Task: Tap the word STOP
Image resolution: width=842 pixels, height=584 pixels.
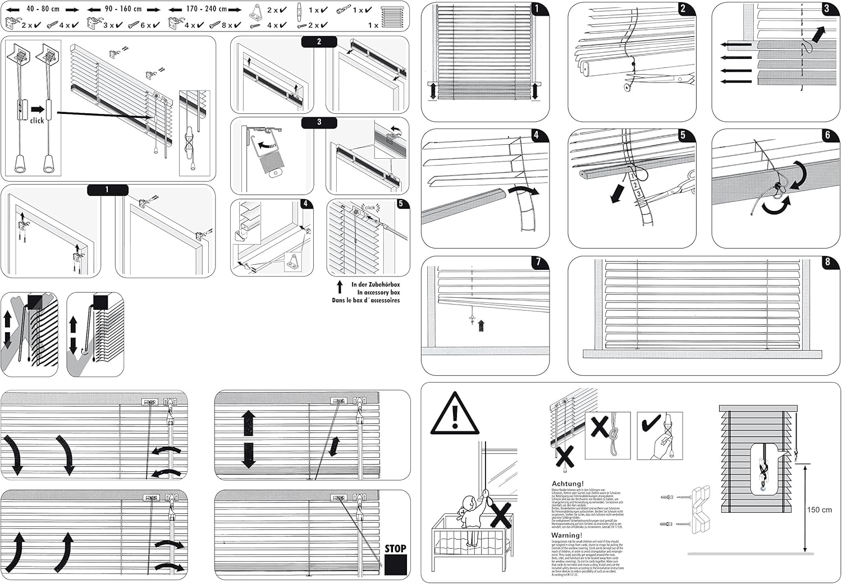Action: point(395,548)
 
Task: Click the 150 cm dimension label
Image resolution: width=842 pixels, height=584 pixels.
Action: point(819,509)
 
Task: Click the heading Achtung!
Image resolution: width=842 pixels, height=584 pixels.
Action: point(568,484)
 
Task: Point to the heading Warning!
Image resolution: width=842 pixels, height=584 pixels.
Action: point(567,535)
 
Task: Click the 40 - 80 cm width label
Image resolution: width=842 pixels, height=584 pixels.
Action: point(43,9)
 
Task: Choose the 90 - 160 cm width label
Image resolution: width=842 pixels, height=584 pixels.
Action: point(123,9)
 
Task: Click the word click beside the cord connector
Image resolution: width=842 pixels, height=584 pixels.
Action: point(37,121)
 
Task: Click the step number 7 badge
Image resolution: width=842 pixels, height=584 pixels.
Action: point(538,262)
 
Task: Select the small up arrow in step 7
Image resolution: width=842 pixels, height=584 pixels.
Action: point(481,325)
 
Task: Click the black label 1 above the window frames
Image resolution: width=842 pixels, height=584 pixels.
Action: point(107,190)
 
